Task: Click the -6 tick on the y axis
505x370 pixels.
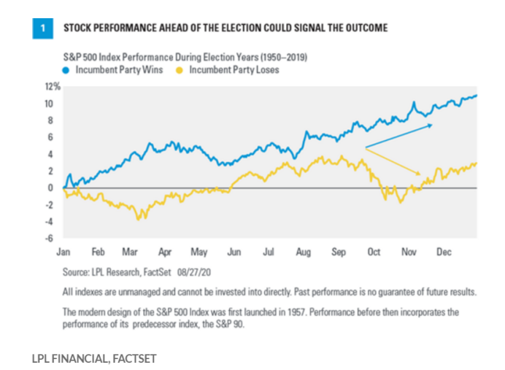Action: (x=53, y=238)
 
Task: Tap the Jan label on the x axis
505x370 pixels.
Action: (x=63, y=252)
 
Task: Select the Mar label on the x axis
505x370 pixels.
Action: (x=131, y=252)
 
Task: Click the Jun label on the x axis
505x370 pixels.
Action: (x=234, y=252)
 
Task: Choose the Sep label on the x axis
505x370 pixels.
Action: (x=339, y=252)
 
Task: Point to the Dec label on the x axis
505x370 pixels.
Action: (x=443, y=252)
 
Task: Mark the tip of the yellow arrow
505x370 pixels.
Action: (x=421, y=174)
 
